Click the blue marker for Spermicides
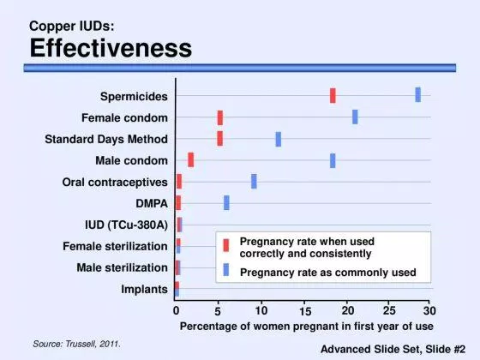point(418,94)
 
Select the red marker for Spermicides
point(333,95)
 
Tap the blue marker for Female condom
point(355,117)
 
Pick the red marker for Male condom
point(190,159)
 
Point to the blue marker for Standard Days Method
point(279,139)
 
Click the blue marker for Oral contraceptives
point(254,181)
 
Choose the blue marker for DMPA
point(226,202)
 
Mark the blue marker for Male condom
point(333,161)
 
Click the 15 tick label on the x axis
point(305,311)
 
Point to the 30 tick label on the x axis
point(429,311)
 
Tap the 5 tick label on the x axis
point(218,312)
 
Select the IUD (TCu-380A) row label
point(127,225)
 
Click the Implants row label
point(144,290)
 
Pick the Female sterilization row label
point(115,246)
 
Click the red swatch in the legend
point(226,245)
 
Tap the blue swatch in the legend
point(226,270)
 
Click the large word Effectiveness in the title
point(111,48)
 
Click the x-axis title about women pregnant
point(307,327)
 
